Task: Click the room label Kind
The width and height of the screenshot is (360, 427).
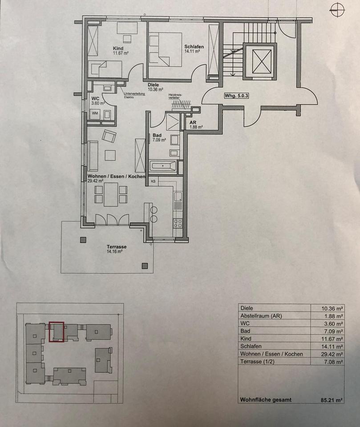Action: point(117,48)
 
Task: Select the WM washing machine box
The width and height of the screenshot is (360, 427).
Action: point(95,113)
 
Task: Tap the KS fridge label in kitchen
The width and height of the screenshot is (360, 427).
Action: point(154,181)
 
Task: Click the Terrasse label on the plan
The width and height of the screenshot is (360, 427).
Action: point(117,247)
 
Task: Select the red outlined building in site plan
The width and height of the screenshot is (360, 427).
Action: point(57,332)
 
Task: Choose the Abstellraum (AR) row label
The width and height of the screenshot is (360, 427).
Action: point(261,316)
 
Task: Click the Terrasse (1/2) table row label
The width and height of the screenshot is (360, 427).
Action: point(257,362)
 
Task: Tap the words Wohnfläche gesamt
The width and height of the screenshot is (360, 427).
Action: point(266,400)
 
